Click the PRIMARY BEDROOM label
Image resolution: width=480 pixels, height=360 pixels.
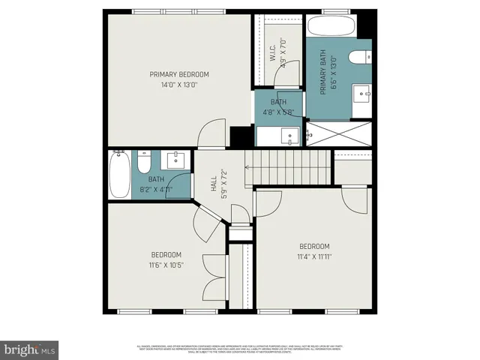(178, 74)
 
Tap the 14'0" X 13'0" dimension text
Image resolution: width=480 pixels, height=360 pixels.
(178, 85)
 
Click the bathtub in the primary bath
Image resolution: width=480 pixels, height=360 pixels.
(331, 28)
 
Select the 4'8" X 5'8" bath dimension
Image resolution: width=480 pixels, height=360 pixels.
(278, 112)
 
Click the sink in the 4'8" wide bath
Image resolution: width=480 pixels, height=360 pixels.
(288, 137)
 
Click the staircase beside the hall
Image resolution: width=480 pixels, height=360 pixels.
(288, 162)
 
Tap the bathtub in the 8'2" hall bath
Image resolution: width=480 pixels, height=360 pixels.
(119, 175)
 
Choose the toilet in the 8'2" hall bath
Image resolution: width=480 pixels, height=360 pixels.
(145, 160)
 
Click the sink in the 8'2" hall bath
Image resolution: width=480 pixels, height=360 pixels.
(177, 160)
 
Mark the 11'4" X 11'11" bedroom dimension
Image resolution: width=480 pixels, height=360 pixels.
(314, 256)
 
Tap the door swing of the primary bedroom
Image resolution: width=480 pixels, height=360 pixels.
(212, 133)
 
